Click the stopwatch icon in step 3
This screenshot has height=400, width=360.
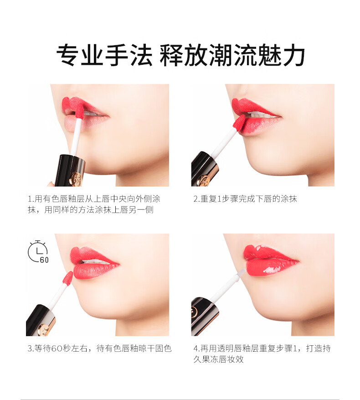coord(37,251)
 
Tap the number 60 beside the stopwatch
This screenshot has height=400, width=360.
coord(44,260)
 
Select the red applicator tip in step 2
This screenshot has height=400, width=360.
coord(239,123)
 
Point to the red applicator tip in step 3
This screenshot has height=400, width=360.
coord(67,278)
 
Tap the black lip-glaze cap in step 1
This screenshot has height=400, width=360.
coord(70,170)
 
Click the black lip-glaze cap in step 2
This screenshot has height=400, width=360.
coord(205,169)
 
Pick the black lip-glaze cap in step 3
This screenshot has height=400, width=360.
coord(41,321)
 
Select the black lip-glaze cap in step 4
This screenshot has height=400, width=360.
coord(205,317)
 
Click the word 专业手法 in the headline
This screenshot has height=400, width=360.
coord(104,55)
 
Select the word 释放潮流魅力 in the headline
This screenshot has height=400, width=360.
coord(232,55)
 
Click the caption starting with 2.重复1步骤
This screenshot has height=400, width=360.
coord(245,199)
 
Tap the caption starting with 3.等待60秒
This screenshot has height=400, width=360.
coord(99,348)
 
